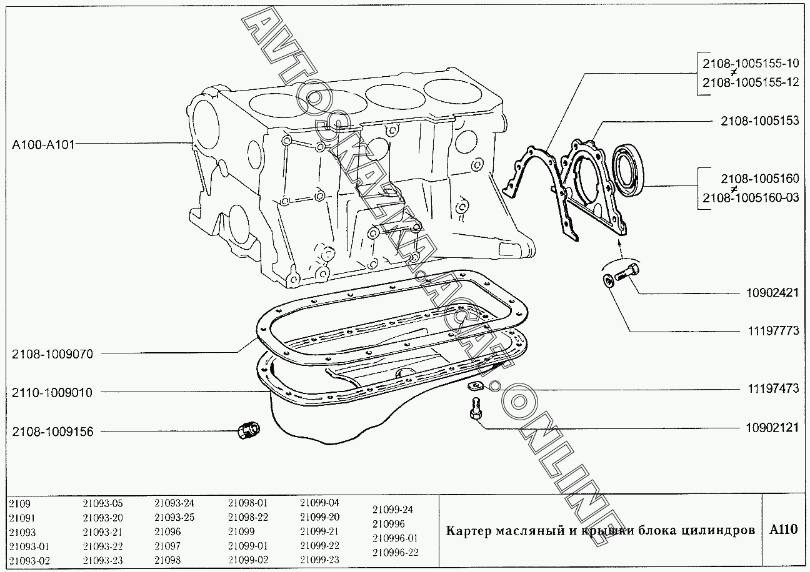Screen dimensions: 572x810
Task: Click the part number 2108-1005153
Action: coord(759,121)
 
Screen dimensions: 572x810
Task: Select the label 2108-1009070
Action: coord(52,354)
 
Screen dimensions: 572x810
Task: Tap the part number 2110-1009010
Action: coord(52,393)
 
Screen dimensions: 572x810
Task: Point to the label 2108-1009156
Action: coord(52,431)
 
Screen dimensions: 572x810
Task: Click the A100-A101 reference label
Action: coord(43,145)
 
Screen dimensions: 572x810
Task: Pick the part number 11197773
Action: coord(772,331)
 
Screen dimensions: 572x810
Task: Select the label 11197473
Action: coord(772,388)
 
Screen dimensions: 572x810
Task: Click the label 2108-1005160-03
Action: coord(751,197)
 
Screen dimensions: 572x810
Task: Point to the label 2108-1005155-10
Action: coord(751,62)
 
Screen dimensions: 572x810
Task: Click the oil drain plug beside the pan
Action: coord(250,430)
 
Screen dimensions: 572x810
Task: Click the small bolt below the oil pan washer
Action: coord(474,409)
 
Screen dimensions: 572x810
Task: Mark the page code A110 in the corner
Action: coord(783,530)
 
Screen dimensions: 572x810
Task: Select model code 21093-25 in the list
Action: coord(174,517)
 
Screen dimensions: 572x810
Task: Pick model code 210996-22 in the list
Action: coord(395,552)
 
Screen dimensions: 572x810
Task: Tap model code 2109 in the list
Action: coord(20,503)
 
